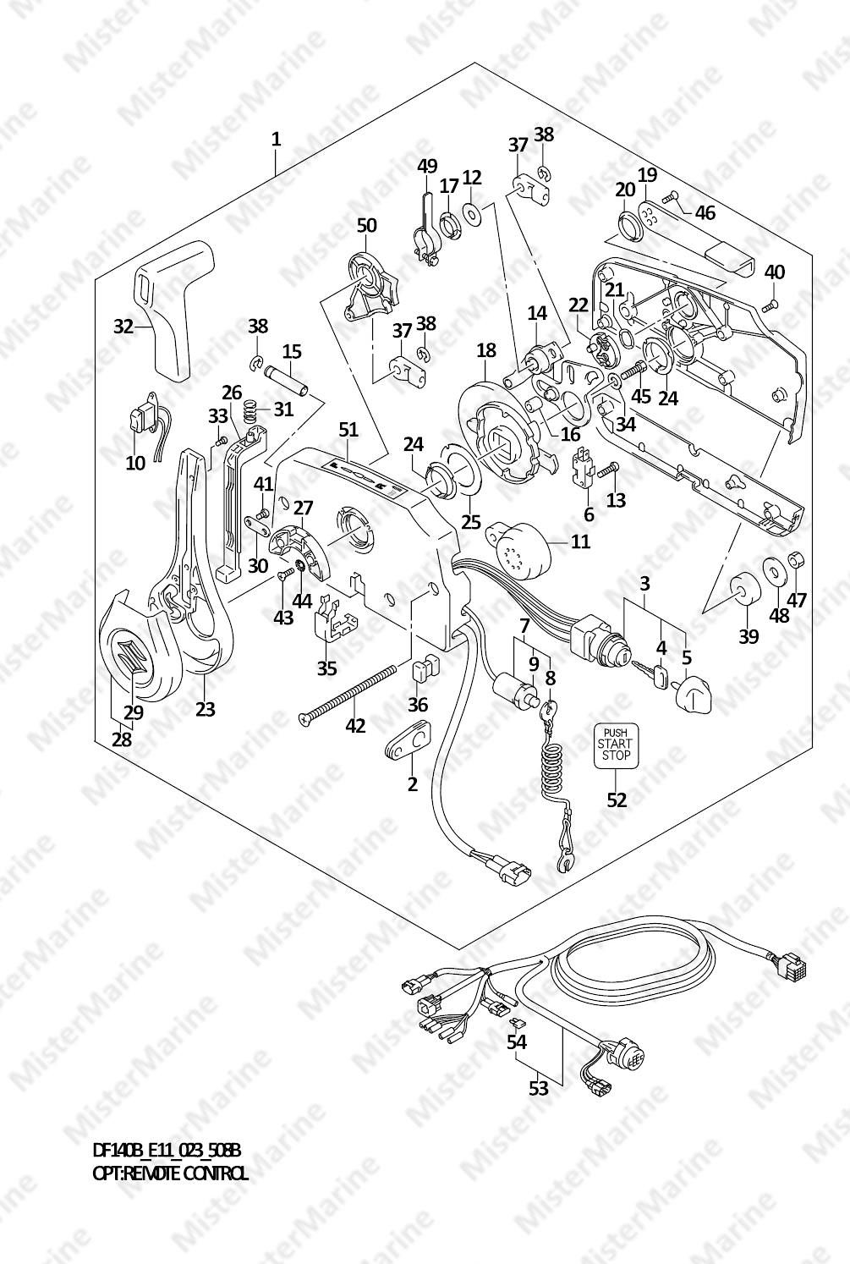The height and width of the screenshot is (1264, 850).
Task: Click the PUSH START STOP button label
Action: click(x=616, y=746)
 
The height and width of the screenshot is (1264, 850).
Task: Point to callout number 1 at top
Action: click(x=276, y=139)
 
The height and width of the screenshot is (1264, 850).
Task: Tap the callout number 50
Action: click(x=366, y=225)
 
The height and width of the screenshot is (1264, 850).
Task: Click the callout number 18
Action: click(x=485, y=350)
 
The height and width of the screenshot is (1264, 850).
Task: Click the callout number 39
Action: click(x=749, y=636)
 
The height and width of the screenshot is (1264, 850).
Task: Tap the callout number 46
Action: click(x=705, y=212)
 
